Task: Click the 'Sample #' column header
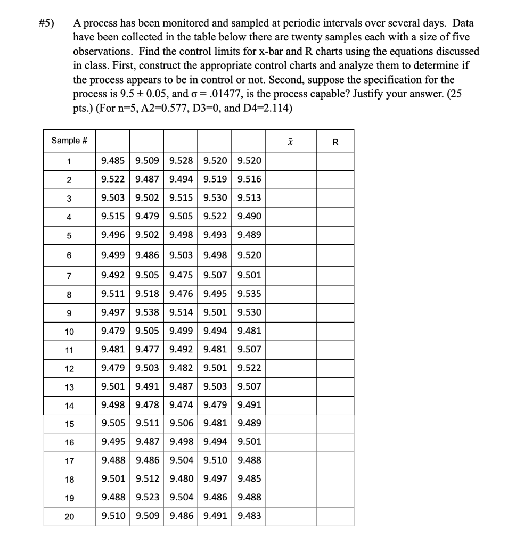point(69,141)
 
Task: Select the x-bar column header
point(291,141)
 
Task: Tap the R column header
point(335,142)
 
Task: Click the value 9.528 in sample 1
point(181,161)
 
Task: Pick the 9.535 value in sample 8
point(249,293)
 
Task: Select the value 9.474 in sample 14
point(181,405)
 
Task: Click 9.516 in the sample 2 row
point(249,179)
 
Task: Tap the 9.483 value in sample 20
point(249,516)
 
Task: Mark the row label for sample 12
point(69,368)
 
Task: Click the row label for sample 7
point(69,275)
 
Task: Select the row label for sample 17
point(69,460)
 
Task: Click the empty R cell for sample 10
point(335,331)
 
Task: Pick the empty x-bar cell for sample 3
point(291,198)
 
